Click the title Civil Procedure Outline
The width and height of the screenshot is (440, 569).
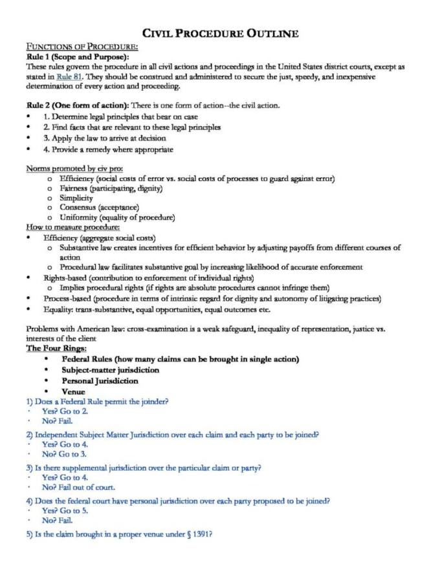click(x=221, y=34)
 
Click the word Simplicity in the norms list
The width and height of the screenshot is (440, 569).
click(x=77, y=198)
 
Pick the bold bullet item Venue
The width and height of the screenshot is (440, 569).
click(x=73, y=391)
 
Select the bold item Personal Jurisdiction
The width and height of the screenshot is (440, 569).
click(x=100, y=381)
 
